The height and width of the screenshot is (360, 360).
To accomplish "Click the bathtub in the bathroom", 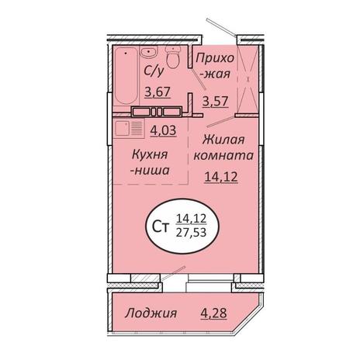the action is click(126, 76).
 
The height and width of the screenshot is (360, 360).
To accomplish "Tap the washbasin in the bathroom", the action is click(148, 52).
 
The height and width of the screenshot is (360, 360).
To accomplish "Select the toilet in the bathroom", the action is click(173, 57).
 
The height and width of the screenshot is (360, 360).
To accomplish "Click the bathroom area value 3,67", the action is click(157, 92).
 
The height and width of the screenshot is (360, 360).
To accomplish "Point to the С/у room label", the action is click(154, 71).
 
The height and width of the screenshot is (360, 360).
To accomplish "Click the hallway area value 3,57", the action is click(215, 102).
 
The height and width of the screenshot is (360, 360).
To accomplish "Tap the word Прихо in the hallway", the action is click(215, 58).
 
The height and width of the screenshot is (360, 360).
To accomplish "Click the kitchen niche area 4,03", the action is click(163, 130).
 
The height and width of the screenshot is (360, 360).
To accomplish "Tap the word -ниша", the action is click(150, 171).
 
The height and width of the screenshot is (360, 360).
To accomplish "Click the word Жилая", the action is click(223, 140).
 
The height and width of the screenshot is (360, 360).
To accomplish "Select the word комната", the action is click(223, 156).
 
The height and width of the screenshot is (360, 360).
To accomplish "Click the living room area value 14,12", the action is click(221, 177).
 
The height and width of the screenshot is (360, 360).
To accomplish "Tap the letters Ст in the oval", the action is click(161, 227).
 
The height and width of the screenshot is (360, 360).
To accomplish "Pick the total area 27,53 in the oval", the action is click(191, 233).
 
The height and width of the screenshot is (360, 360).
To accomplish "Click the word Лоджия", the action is click(151, 313).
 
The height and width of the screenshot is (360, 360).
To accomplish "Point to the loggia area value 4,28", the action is click(213, 313).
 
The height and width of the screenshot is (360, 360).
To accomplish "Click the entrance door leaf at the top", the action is click(220, 26).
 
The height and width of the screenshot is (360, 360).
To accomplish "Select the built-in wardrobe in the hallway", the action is click(247, 80).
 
